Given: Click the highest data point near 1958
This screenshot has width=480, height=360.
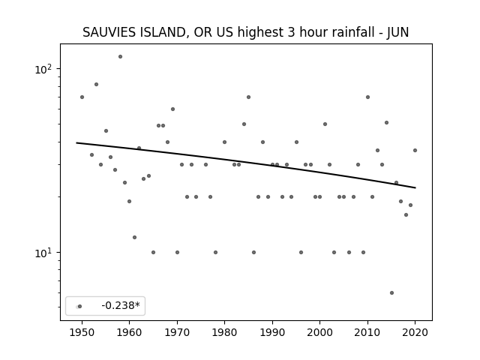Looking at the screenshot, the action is pyautogui.click(x=120, y=57).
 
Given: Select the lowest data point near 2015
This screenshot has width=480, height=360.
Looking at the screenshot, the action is pyautogui.click(x=391, y=293).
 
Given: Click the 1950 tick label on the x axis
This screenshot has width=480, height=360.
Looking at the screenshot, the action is pyautogui.click(x=82, y=332).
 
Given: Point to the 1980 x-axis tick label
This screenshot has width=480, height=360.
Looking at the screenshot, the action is pyautogui.click(x=224, y=332).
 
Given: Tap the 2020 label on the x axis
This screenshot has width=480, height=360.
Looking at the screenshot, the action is pyautogui.click(x=415, y=332).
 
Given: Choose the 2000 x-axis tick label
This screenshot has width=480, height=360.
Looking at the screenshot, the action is pyautogui.click(x=320, y=332).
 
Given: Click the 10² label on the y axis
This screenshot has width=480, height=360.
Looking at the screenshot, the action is pyautogui.click(x=43, y=69).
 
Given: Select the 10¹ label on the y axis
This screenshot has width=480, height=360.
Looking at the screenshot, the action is pyautogui.click(x=43, y=253).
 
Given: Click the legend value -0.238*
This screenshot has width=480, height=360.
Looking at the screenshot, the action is pyautogui.click(x=121, y=305).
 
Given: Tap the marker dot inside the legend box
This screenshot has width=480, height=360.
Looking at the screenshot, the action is pyautogui.click(x=80, y=307).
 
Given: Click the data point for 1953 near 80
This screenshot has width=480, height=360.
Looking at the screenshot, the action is pyautogui.click(x=97, y=85).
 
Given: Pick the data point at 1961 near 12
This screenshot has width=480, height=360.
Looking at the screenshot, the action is pyautogui.click(x=134, y=237).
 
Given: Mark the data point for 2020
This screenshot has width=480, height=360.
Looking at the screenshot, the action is pyautogui.click(x=415, y=150).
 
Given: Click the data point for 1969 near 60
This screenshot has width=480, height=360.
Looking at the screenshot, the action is pyautogui.click(x=172, y=109).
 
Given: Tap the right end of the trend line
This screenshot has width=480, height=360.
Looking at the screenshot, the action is pyautogui.click(x=415, y=187).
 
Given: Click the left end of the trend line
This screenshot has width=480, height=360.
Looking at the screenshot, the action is pyautogui.click(x=76, y=142).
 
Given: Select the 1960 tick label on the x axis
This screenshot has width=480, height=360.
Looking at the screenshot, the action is pyautogui.click(x=129, y=332).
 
